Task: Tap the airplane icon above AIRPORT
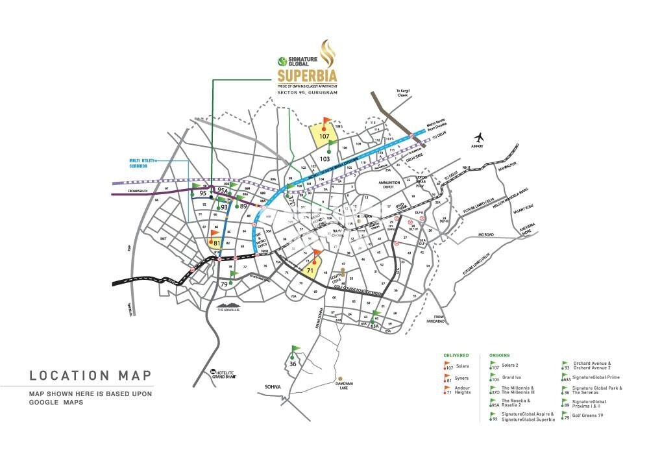coord(480,138)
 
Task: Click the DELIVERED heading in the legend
coord(456,356)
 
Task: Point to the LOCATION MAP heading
coord(90,375)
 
